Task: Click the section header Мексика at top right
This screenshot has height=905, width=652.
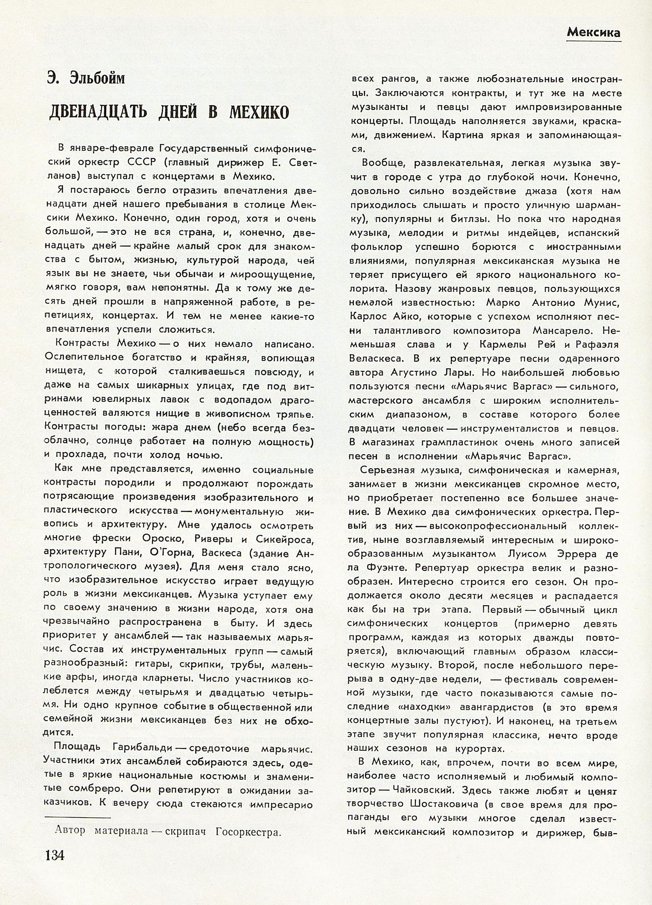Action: [x=593, y=33]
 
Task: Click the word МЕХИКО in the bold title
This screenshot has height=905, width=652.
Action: [x=258, y=113]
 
